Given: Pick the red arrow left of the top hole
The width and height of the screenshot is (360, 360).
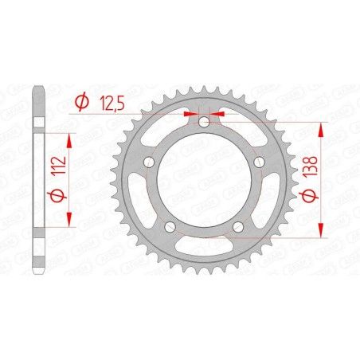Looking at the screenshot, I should coord(190,113).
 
